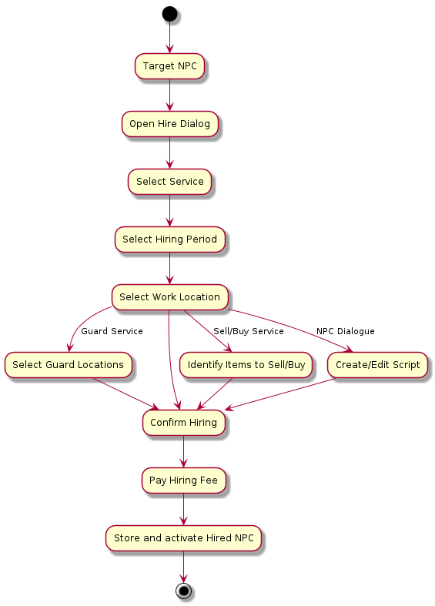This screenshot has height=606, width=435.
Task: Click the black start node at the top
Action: (x=169, y=14)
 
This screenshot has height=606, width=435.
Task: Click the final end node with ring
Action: (x=183, y=591)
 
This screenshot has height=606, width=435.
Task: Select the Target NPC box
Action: (x=169, y=66)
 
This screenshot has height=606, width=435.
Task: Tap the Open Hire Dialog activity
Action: (x=169, y=124)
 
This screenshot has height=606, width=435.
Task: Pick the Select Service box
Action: (x=169, y=182)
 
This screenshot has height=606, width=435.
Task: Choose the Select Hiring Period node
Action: (x=169, y=239)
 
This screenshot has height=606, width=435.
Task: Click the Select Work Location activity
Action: (x=169, y=297)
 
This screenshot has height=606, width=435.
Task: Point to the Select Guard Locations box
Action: (x=68, y=365)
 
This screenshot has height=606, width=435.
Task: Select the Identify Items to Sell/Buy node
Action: (x=246, y=365)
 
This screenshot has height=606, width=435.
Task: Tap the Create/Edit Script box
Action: (x=377, y=365)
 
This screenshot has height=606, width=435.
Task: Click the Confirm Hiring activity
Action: (x=183, y=423)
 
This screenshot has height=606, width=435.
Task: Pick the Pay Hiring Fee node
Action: (x=183, y=480)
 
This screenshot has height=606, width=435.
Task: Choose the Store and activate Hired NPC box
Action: (x=183, y=538)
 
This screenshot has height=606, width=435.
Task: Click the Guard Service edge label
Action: (x=112, y=331)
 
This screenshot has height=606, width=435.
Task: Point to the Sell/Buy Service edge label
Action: (x=249, y=331)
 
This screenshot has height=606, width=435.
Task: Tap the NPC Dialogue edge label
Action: (x=346, y=331)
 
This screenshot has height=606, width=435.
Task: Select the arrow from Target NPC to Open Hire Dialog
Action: (x=169, y=95)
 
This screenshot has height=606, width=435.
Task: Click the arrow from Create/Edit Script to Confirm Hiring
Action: (x=279, y=393)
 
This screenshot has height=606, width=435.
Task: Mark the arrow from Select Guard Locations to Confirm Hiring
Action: (x=126, y=393)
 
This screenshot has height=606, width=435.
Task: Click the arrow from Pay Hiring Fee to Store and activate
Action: (x=183, y=510)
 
